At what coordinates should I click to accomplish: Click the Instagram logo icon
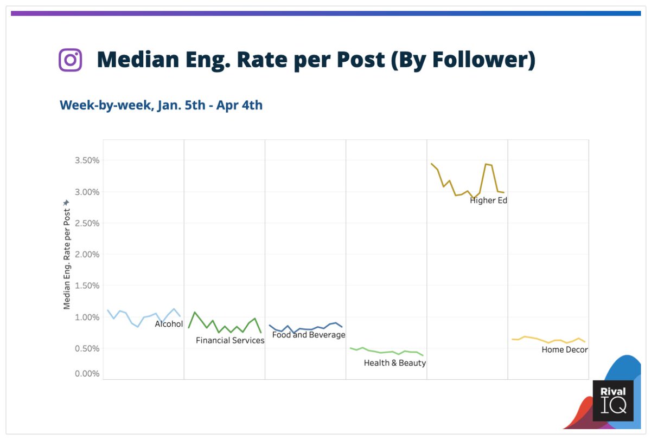[70, 60]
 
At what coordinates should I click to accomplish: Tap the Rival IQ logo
[612, 401]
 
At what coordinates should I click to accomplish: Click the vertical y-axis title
[67, 255]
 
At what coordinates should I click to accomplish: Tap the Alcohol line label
[169, 325]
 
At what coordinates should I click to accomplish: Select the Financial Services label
[230, 341]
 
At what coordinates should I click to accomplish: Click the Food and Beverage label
[309, 335]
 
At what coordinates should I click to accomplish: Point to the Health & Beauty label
[395, 363]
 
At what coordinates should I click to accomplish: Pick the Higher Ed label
[488, 200]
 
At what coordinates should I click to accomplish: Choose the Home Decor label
[565, 350]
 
